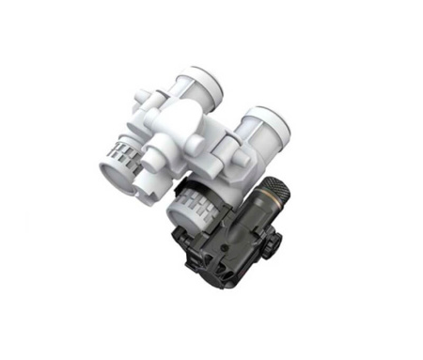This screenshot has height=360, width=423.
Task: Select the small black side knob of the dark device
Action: (x=274, y=242)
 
